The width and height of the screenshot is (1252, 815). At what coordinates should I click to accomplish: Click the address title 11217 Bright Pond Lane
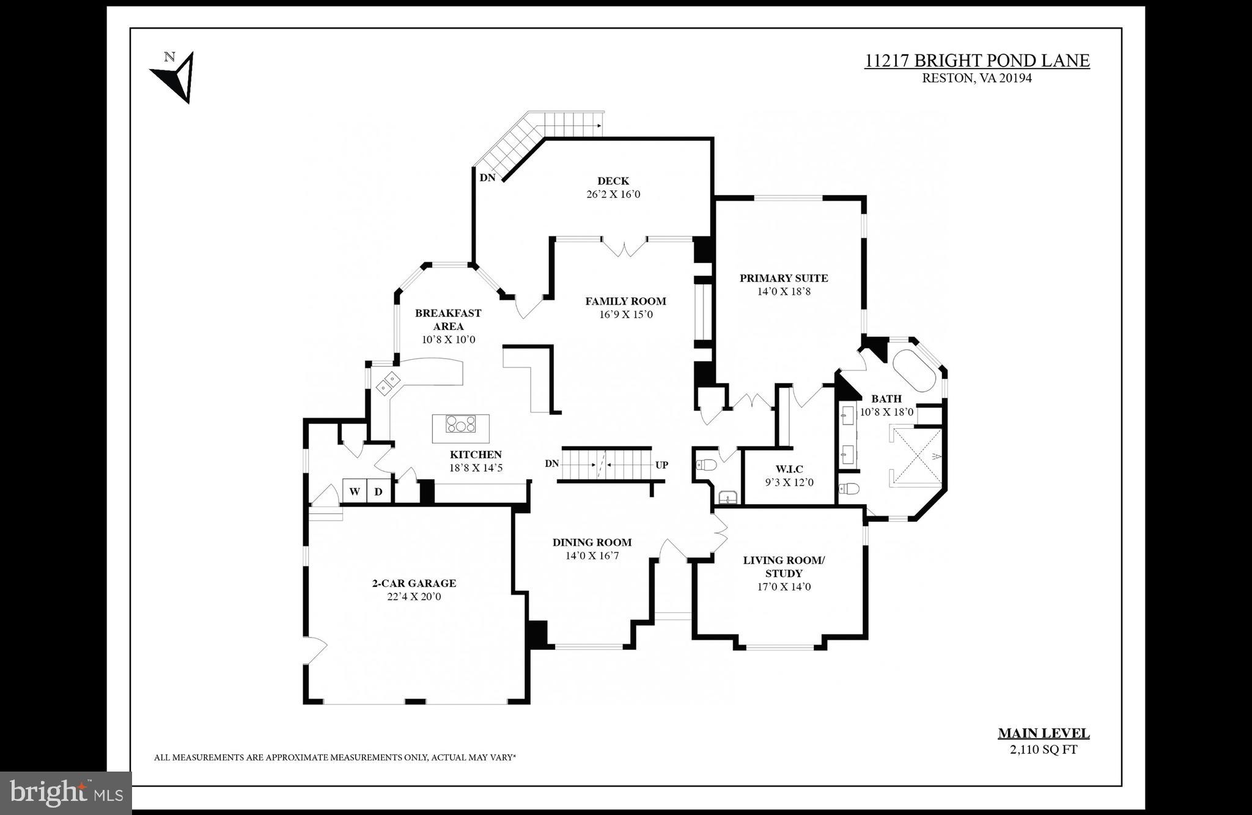tap(976, 61)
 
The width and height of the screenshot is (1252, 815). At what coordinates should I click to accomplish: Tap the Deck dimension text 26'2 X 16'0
tap(613, 195)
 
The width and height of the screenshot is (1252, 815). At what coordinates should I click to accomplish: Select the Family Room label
tap(625, 301)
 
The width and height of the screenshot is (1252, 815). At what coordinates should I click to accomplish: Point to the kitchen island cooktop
tap(460, 424)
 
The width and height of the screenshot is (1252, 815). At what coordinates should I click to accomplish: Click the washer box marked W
tap(354, 491)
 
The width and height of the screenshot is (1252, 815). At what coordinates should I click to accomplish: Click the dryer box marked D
tap(378, 491)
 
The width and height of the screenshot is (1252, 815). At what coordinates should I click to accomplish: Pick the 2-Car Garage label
tap(414, 583)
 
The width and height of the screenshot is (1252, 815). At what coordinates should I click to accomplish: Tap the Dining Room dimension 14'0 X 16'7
tap(592, 556)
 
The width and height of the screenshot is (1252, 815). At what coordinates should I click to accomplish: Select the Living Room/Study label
tap(784, 567)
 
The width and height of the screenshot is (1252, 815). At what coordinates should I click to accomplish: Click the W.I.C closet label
tap(789, 469)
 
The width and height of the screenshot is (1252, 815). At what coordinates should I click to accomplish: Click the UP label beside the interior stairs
tap(661, 465)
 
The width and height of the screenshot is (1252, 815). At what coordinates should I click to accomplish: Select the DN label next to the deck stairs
tap(487, 178)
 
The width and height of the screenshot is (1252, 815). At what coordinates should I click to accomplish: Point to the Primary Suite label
tap(783, 278)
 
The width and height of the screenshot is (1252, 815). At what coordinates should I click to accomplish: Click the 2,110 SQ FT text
tap(1043, 749)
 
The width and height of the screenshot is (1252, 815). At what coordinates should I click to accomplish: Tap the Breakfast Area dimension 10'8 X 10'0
tap(448, 340)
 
